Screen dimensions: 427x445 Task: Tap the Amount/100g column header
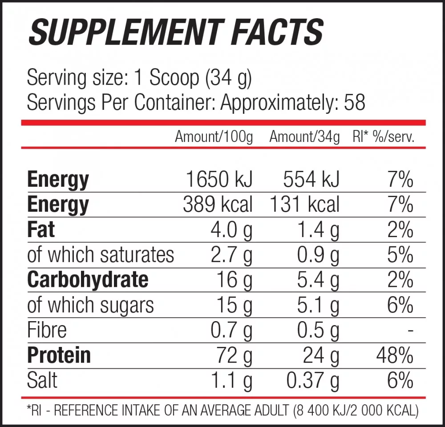click(x=214, y=137)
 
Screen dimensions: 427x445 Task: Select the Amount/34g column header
click(x=304, y=137)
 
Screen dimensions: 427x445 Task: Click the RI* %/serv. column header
click(x=383, y=137)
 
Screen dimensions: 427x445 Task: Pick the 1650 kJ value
click(x=219, y=180)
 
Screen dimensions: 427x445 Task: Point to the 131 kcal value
click(x=304, y=205)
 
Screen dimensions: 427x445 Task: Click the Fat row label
click(x=41, y=230)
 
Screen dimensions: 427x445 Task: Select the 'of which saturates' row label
click(x=101, y=255)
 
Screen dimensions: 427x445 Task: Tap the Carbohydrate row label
click(x=88, y=280)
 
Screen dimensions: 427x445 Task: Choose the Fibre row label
click(x=47, y=330)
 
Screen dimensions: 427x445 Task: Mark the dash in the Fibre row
click(x=410, y=331)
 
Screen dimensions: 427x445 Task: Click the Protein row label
click(x=59, y=355)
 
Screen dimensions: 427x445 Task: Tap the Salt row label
click(x=42, y=380)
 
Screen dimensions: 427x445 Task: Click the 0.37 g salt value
click(x=312, y=381)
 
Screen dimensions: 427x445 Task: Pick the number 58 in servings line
click(x=355, y=103)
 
